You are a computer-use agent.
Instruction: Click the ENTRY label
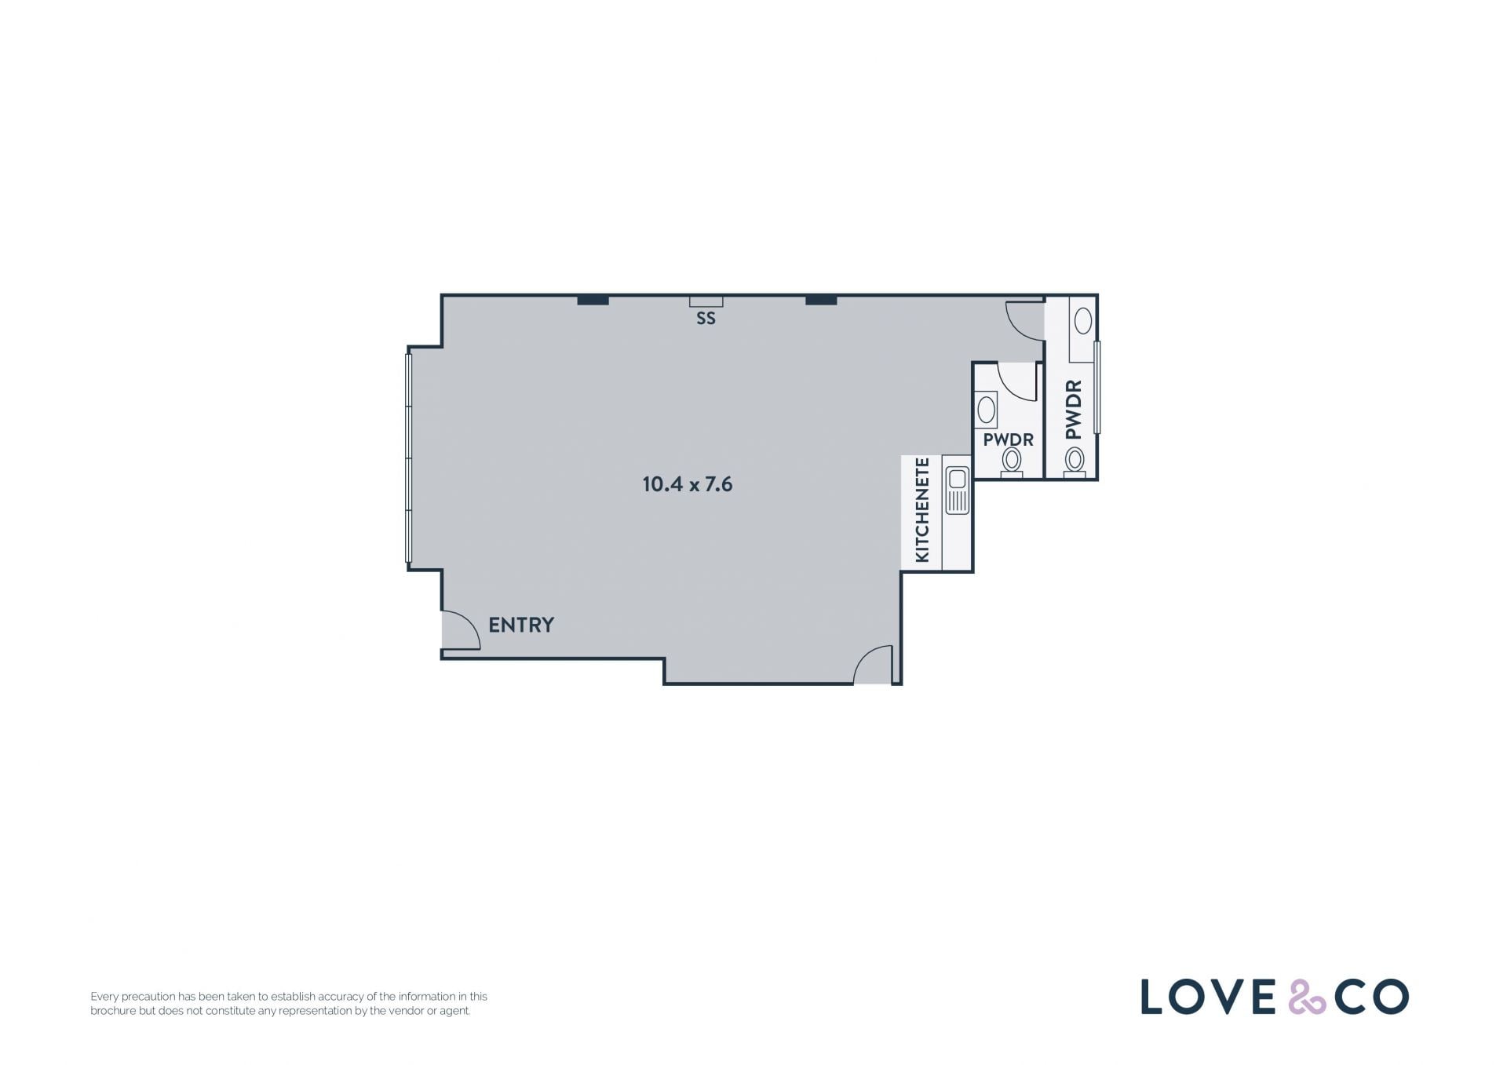pos(521,625)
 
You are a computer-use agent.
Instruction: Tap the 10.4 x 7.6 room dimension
pos(688,484)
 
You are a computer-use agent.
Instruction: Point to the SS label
pos(706,319)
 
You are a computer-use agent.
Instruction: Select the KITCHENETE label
pos(922,510)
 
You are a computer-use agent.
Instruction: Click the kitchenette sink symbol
pos(957,490)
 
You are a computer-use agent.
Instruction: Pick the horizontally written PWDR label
pos(1008,439)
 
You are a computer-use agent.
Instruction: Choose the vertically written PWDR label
pos(1074,410)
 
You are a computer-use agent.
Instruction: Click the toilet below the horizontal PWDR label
pos(1012,462)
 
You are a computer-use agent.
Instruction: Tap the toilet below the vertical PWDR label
pos(1075,461)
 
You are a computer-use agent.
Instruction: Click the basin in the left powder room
pos(987,410)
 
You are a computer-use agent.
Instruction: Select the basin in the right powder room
pos(1083,320)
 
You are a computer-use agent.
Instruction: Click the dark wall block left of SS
pos(593,300)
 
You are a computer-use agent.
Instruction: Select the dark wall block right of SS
pos(821,300)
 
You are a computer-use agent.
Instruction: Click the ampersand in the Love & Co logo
pos(1307,996)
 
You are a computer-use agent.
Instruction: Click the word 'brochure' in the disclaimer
pos(113,1011)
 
